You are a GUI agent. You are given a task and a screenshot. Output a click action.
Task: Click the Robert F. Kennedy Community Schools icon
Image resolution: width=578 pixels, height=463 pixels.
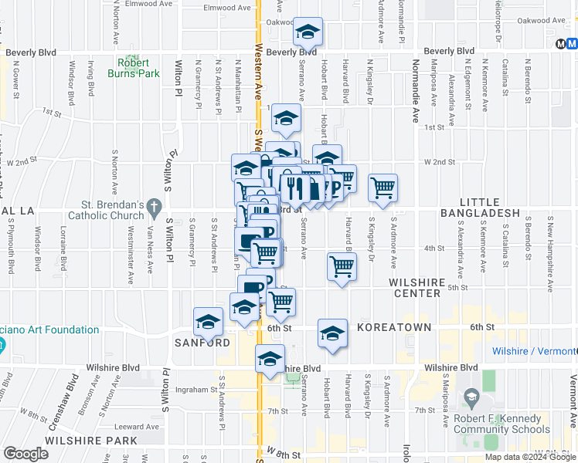click(x=471, y=398)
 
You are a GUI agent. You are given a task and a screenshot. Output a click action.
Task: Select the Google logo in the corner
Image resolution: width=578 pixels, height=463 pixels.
click(x=25, y=454)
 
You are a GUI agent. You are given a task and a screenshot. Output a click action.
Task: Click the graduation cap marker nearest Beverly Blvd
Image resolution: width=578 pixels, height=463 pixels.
click(x=308, y=32)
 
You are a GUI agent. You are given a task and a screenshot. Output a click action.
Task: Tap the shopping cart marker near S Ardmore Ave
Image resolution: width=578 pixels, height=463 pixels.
click(x=382, y=187)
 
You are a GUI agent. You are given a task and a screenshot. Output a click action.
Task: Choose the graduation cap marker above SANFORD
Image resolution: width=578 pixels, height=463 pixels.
click(x=208, y=322)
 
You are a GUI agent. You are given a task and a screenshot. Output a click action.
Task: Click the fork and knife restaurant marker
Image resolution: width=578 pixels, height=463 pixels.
click(x=294, y=186)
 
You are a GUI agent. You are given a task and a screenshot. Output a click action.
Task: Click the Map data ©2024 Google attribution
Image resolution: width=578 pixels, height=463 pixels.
click(x=531, y=457)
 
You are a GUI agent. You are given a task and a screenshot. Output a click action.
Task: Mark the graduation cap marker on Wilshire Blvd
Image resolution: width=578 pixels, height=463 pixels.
click(x=270, y=360)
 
